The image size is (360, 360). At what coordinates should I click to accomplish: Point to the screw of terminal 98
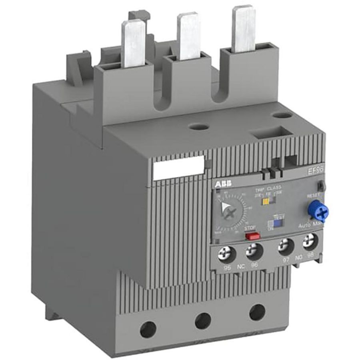tap(308, 242)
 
